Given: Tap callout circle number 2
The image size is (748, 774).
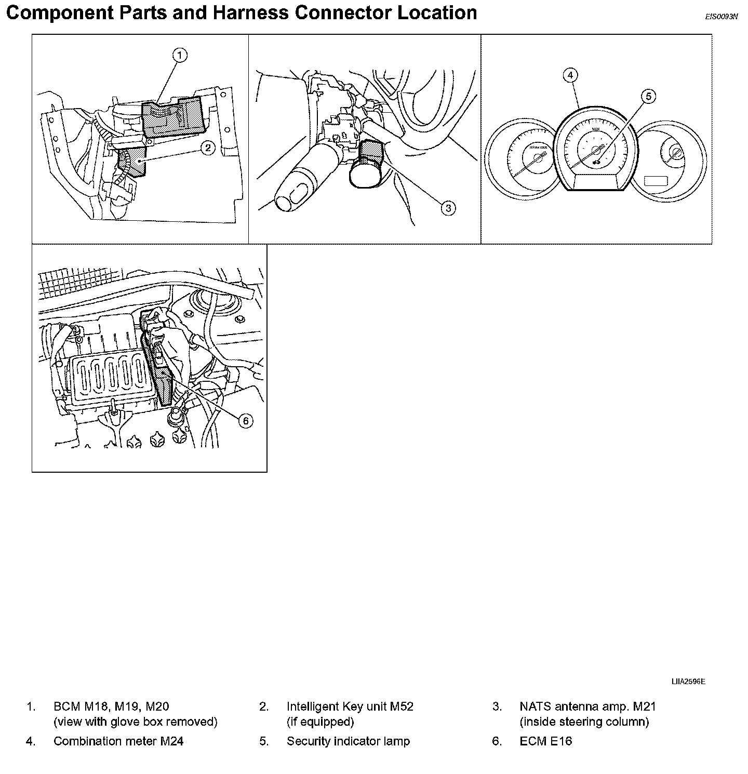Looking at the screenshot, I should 208,148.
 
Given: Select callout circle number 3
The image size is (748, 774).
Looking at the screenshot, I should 448,208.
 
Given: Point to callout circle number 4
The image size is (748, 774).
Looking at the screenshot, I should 570,75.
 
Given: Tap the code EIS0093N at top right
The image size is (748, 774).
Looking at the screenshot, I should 721,17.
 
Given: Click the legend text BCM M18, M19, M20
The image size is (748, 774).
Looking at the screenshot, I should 111,706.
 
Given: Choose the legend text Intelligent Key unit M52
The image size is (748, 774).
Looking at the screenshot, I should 350,706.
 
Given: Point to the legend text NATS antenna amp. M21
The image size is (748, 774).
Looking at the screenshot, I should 587,706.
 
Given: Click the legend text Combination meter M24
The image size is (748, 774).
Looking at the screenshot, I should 118,741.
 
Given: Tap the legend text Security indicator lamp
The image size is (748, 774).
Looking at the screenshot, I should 348,741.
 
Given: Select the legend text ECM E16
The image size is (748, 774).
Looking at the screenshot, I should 545,741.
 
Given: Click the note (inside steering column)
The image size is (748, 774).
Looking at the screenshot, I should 584,722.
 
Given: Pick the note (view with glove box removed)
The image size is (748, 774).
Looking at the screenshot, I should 135,722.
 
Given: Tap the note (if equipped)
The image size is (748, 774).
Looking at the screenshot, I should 320,722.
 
